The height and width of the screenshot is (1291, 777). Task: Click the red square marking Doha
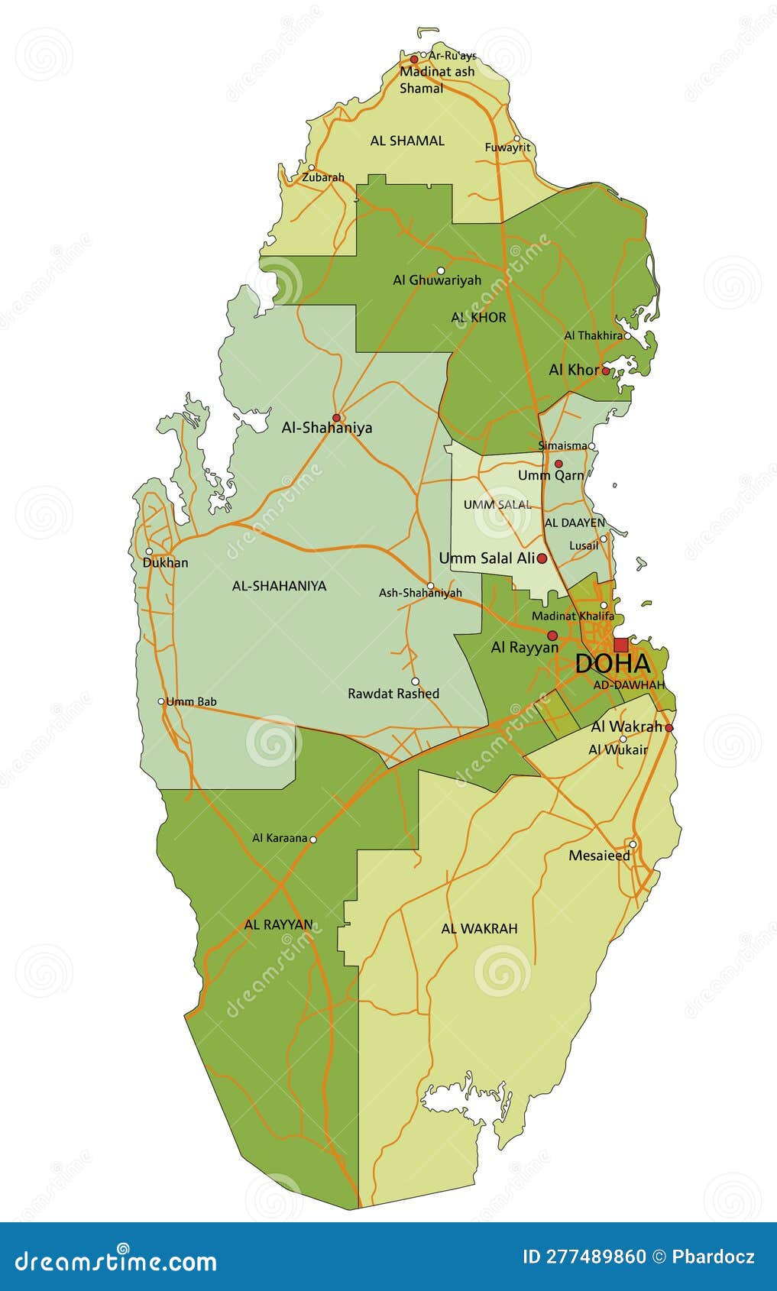click(x=620, y=645)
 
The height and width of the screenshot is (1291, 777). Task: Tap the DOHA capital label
click(x=612, y=664)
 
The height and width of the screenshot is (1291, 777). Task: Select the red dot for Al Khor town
click(x=605, y=370)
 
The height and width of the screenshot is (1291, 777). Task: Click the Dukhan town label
click(x=165, y=563)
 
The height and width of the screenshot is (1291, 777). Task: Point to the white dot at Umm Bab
click(x=161, y=701)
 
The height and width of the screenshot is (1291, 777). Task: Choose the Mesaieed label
click(x=600, y=856)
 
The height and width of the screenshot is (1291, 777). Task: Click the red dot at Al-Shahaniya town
click(x=336, y=417)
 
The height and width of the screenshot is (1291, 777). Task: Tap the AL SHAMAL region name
click(x=407, y=141)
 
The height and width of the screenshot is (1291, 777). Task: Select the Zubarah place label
click(x=323, y=177)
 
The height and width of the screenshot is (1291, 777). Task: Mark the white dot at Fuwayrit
click(x=517, y=138)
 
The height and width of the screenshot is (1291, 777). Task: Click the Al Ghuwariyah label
click(x=437, y=280)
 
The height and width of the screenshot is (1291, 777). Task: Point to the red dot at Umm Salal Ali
click(x=542, y=558)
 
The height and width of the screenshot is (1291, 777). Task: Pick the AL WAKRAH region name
click(x=479, y=928)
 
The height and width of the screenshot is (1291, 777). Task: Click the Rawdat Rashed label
click(x=393, y=694)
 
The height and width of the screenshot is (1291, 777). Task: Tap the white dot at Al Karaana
click(x=312, y=839)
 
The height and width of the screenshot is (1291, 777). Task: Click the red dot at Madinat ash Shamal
click(x=414, y=59)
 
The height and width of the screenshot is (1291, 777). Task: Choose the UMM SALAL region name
click(x=497, y=505)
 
